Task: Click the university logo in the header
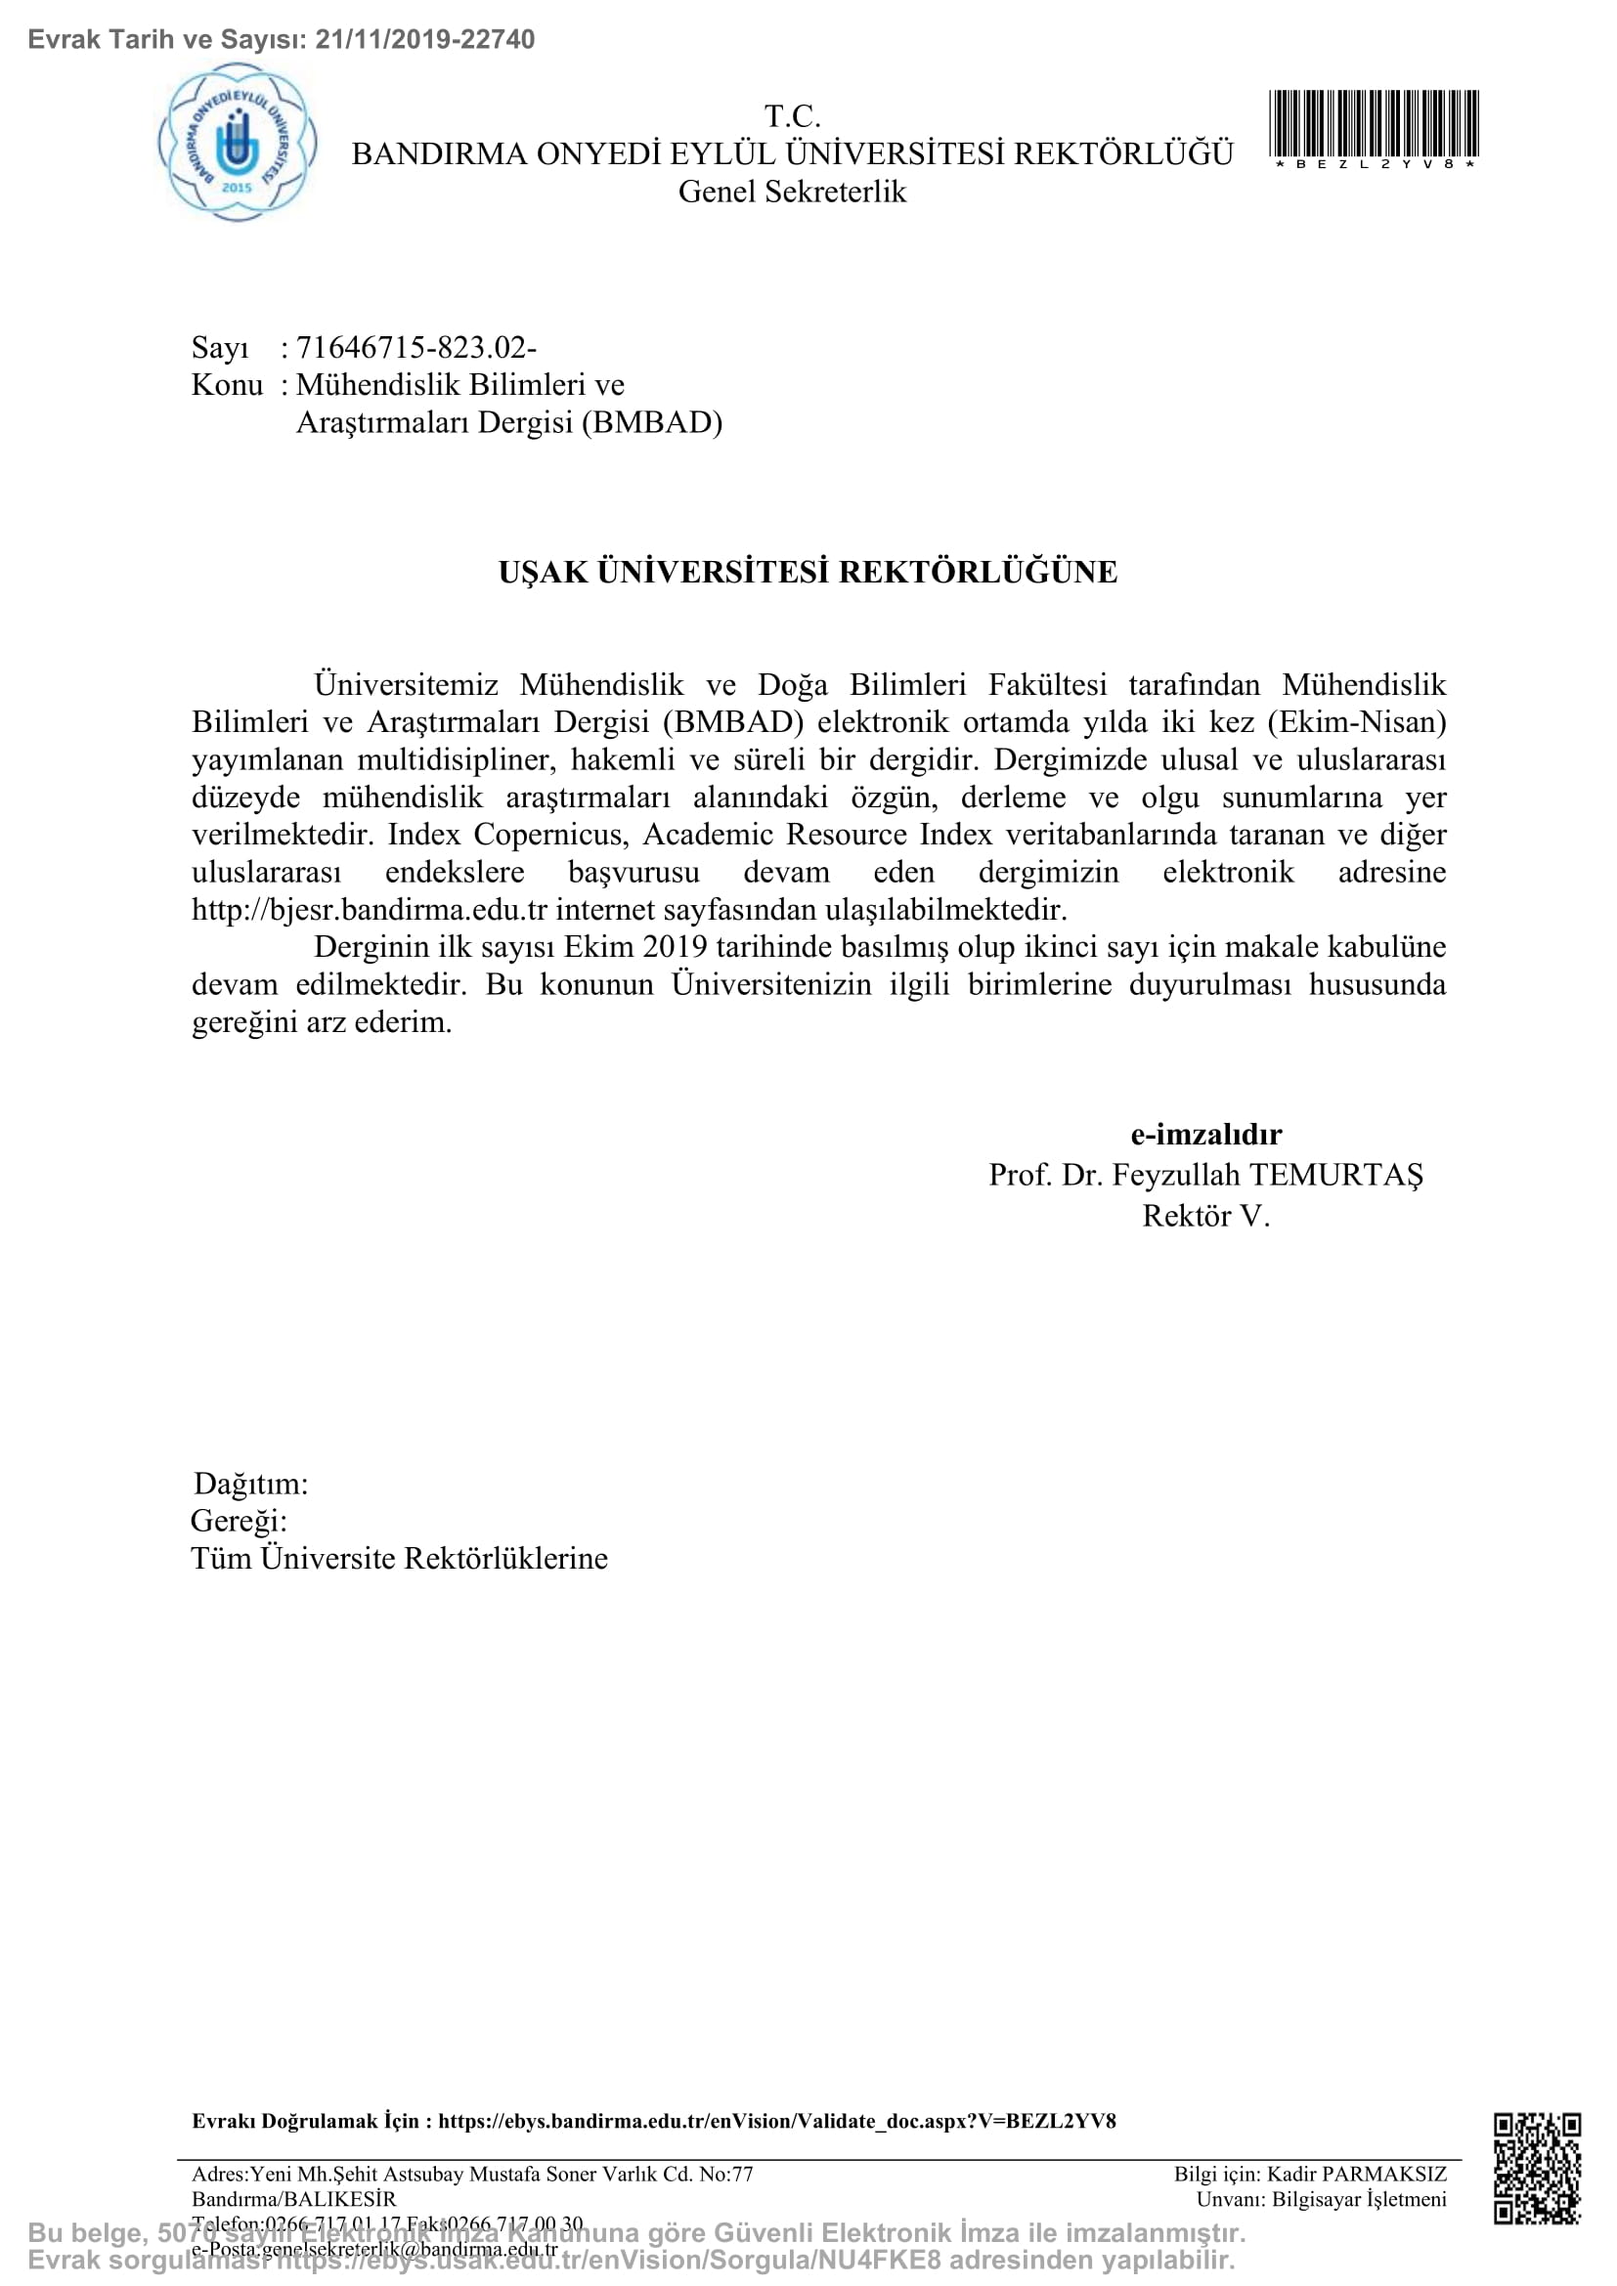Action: point(237,143)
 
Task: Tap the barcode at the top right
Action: point(1373,123)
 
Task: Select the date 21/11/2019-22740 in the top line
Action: point(425,40)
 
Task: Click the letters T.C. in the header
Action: point(793,116)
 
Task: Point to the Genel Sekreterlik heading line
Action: point(793,192)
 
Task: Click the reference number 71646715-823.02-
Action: point(416,348)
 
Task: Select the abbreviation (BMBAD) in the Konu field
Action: point(652,422)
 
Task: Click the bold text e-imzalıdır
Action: point(1205,1134)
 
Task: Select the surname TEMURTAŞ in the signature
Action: point(1336,1175)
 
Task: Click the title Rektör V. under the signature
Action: point(1205,1216)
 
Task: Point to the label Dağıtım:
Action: point(251,1484)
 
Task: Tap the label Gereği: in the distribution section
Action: point(239,1521)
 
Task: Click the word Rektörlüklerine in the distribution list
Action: point(505,1558)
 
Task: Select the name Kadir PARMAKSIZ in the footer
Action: point(1356,2174)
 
